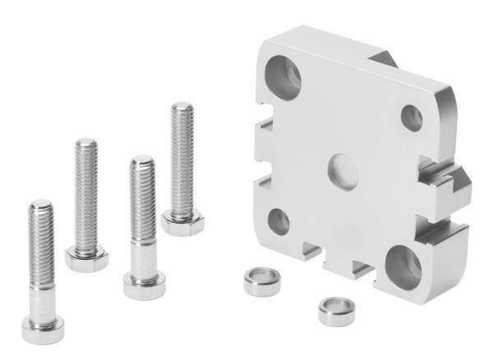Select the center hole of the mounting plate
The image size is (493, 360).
pos(340,170)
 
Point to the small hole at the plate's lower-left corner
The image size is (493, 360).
pos(278,219)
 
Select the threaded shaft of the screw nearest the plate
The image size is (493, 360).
pos(182,156)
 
